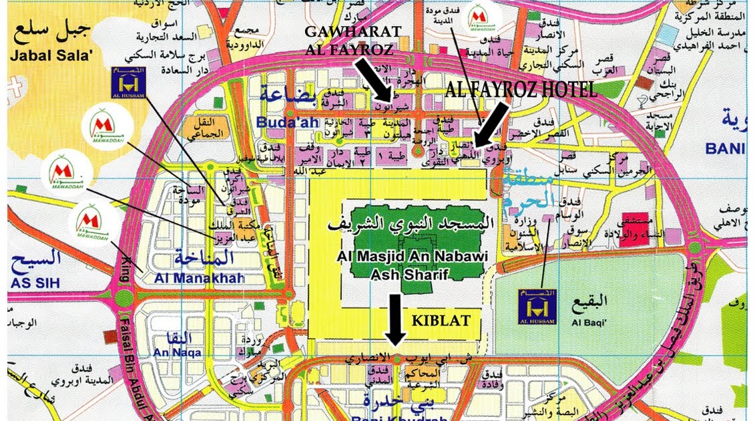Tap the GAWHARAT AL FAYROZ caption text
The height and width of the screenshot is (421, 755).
pos(352,40)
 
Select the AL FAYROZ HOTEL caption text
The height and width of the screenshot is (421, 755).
pos(521,90)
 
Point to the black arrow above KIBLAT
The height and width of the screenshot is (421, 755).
pos(395,319)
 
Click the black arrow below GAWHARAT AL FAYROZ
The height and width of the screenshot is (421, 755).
pos(373,78)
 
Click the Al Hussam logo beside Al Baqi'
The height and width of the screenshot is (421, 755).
pos(537,307)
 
